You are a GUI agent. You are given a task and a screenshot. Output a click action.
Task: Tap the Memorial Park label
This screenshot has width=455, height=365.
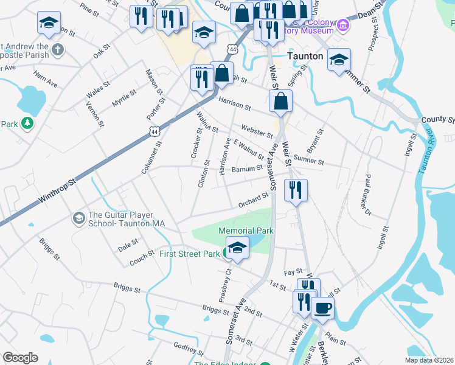tap(246, 231)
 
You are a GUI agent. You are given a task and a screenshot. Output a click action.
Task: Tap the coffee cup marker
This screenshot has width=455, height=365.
tap(322, 307)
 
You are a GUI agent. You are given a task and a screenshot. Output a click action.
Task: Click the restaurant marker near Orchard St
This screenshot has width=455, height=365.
tap(296, 190)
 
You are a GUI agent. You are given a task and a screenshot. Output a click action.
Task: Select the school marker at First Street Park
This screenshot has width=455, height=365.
tap(237, 249)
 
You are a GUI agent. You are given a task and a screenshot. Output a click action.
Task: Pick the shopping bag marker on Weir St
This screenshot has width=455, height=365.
tap(280, 101)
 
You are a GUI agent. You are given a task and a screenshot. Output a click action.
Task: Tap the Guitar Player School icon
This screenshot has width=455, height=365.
tap(78, 218)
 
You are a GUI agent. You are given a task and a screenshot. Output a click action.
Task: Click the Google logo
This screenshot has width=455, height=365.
tap(20, 358)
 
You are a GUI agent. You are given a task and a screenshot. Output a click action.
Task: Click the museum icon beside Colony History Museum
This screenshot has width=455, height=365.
tap(343, 26)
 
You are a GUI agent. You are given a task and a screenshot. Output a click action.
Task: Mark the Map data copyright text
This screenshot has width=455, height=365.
tap(429, 360)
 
